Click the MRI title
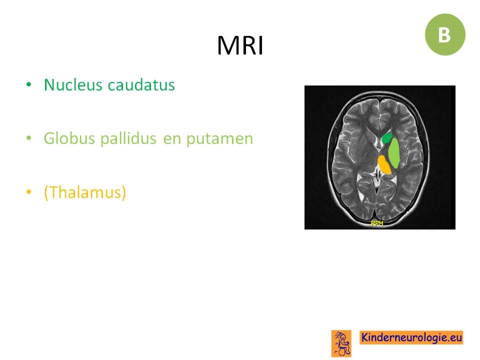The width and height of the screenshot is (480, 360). (240, 45)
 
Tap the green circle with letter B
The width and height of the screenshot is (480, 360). (445, 34)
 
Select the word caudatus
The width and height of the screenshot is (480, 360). (141, 84)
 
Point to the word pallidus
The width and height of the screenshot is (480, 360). (128, 138)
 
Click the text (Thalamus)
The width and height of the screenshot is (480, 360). (85, 192)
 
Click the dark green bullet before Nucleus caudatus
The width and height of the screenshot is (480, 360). (29, 84)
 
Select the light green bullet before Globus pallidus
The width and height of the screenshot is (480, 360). (29, 138)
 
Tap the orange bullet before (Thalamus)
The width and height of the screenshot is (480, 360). (29, 192)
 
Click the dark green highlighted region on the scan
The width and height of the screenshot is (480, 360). (387, 138)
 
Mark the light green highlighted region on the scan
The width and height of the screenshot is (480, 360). (394, 152)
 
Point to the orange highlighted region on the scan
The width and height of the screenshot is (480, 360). (384, 164)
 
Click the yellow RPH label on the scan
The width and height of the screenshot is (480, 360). (377, 223)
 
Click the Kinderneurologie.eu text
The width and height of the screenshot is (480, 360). (411, 337)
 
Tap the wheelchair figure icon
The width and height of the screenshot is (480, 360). (341, 343)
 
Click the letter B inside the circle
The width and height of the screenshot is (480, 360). (444, 35)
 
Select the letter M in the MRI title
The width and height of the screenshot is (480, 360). (227, 45)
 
